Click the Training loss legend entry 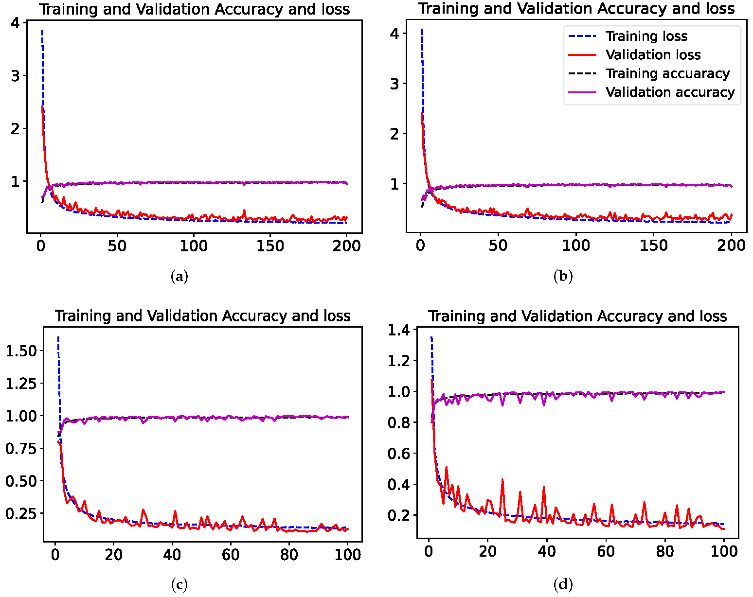pos(646,36)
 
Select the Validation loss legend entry pos(653,55)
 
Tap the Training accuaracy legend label pos(667,73)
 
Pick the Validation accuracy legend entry pos(670,92)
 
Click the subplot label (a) pos(179,277)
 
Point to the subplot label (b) pos(563,277)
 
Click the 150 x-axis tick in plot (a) pos(270,246)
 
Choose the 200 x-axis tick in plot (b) pos(731,245)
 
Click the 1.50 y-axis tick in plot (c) pos(21,351)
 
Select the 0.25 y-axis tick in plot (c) pos(21,514)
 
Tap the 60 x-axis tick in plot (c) pos(230,554)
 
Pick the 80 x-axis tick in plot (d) pos(664,551)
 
